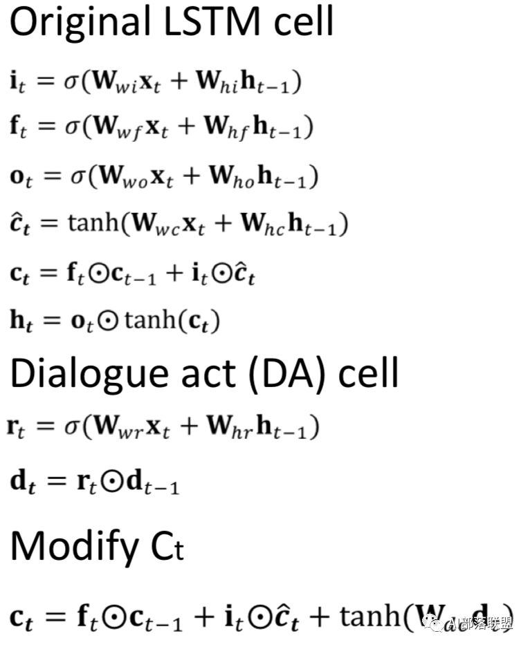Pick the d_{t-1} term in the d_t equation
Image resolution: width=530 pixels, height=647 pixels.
[154, 482]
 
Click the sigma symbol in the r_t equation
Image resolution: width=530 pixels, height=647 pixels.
[72, 429]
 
